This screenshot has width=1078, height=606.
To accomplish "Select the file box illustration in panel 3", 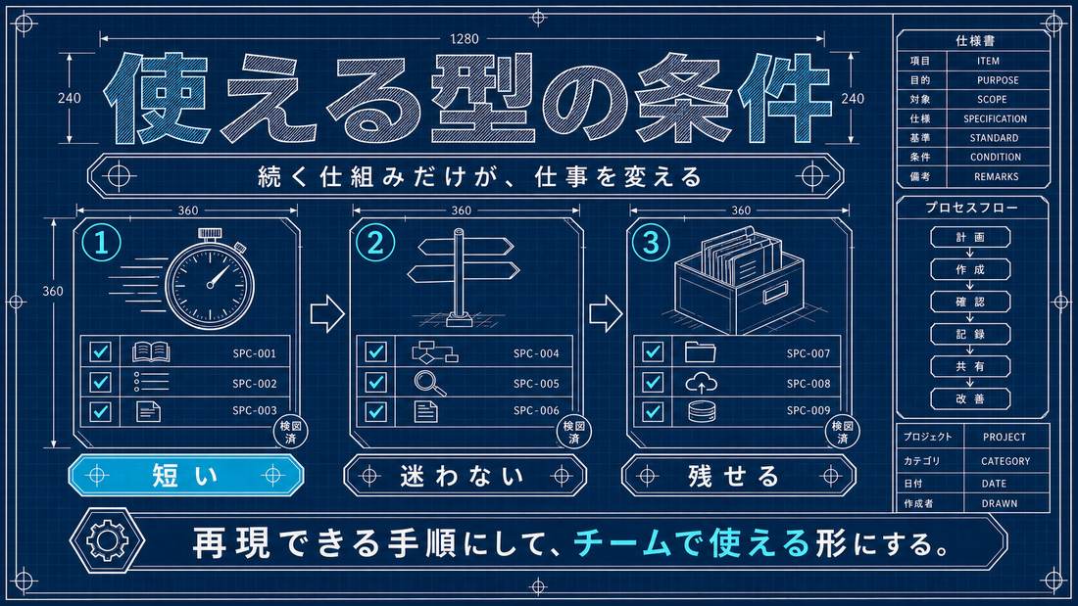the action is pyautogui.click(x=738, y=282).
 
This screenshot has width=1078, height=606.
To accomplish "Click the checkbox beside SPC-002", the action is pyautogui.click(x=100, y=382).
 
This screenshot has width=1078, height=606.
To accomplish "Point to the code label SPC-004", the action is pyautogui.click(x=536, y=353).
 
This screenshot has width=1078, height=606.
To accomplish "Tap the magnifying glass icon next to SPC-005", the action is pyautogui.click(x=430, y=383).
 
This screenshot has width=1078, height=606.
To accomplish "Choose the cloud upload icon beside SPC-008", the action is pyautogui.click(x=702, y=382).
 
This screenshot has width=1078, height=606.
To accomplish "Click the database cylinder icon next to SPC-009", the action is pyautogui.click(x=702, y=411).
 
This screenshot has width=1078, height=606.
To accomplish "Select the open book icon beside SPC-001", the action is pyautogui.click(x=151, y=352).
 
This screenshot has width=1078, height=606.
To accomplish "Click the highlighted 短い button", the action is pyautogui.click(x=185, y=475).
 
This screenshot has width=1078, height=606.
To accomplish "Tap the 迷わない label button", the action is pyautogui.click(x=465, y=475).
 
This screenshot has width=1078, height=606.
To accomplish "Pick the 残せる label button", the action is pyautogui.click(x=738, y=475).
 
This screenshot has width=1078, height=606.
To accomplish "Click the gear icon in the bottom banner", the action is pyautogui.click(x=107, y=540).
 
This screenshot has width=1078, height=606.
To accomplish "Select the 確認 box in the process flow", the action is pyautogui.click(x=970, y=302).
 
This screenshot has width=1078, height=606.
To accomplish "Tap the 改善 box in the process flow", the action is pyautogui.click(x=970, y=398).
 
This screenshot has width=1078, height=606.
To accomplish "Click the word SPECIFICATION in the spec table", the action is pyautogui.click(x=995, y=118).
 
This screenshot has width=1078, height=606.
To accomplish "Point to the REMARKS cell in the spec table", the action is pyautogui.click(x=997, y=176).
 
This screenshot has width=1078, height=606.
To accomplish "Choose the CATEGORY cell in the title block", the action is pyautogui.click(x=1005, y=461).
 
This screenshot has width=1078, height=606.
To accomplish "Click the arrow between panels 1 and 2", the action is pyautogui.click(x=327, y=314).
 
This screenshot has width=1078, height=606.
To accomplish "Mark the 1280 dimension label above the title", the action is pyautogui.click(x=465, y=39).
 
